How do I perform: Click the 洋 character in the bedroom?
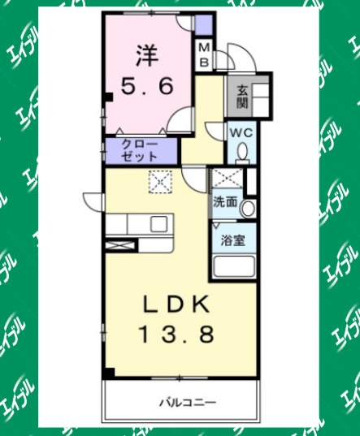(x=147, y=55)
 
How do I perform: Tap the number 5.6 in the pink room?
(x=147, y=85)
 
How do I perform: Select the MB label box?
(x=205, y=55)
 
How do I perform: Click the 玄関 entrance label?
(x=242, y=97)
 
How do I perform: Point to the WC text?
(x=241, y=133)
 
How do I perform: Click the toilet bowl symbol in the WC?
(x=243, y=153)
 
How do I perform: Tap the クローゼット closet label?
(x=140, y=151)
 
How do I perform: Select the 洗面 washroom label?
(x=225, y=202)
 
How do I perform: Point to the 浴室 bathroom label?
(x=233, y=241)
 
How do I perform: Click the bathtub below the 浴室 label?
(x=234, y=265)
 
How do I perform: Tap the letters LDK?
(x=176, y=304)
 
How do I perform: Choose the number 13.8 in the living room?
(x=176, y=334)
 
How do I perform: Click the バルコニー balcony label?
(x=188, y=403)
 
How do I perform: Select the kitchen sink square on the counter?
(x=159, y=224)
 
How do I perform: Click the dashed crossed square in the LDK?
(x=160, y=182)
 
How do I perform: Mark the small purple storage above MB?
(x=204, y=24)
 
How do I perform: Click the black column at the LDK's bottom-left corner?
(x=109, y=373)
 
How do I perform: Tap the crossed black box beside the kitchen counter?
(x=121, y=246)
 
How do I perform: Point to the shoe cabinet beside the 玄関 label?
(x=261, y=100)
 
